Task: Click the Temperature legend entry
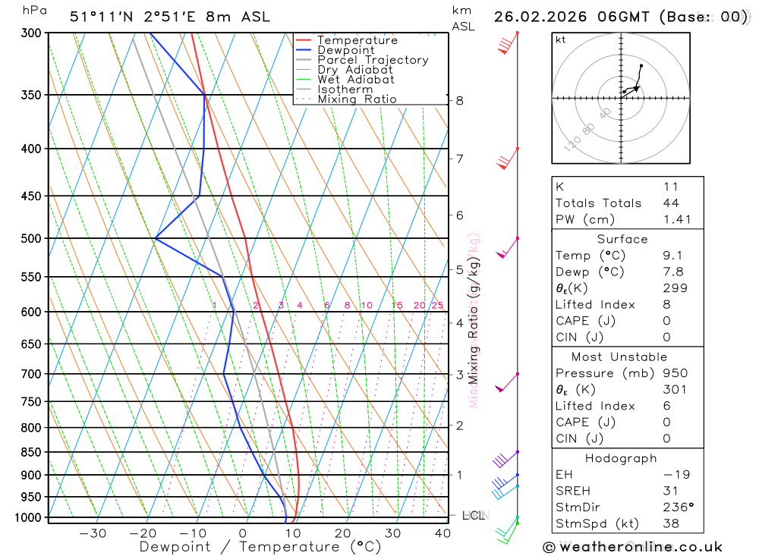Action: [357, 40]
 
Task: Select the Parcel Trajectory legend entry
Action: [373, 60]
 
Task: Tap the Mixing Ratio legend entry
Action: [357, 99]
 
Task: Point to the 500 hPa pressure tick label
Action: [31, 239]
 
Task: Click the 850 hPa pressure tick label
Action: [31, 453]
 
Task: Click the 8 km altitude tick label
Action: [459, 100]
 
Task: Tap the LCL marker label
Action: [473, 516]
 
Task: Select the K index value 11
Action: [670, 187]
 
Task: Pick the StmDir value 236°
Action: [677, 507]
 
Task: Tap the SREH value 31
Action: [670, 491]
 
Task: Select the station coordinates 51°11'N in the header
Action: [99, 17]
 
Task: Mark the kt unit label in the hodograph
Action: [560, 39]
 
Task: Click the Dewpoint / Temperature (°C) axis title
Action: [260, 546]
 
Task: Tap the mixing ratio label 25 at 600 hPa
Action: [437, 305]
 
